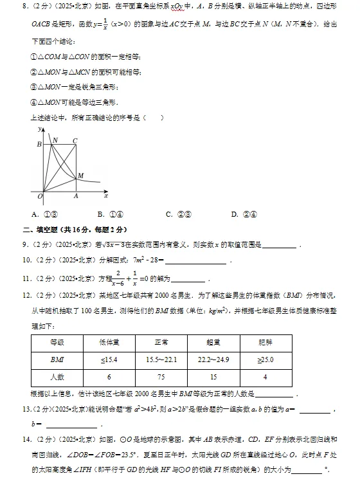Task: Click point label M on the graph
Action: (80, 175)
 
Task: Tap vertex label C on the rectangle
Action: (75, 140)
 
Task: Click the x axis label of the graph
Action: (105, 195)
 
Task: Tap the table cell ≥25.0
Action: (265, 360)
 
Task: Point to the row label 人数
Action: (57, 377)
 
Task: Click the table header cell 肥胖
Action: (265, 342)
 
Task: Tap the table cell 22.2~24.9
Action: (214, 360)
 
